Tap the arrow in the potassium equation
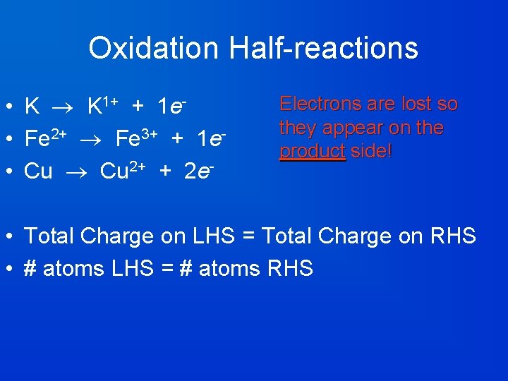coord(64,107)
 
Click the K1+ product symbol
coord(102,106)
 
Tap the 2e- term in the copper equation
coord(199,171)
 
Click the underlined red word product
coord(313,152)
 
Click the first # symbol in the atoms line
coord(30,269)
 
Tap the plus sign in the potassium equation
coord(138,107)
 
